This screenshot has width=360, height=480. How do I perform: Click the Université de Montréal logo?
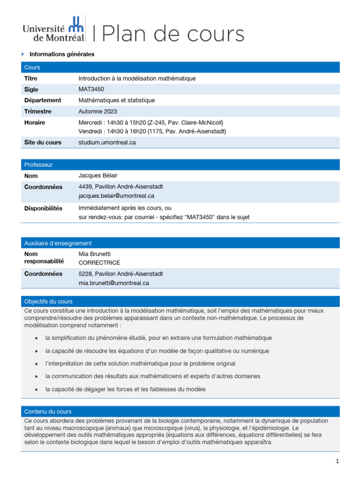click(x=54, y=30)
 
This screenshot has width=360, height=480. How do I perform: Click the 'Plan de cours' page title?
click(x=172, y=34)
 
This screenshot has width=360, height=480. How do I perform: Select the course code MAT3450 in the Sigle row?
click(x=91, y=90)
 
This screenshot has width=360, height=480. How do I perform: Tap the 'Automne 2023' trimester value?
click(x=97, y=112)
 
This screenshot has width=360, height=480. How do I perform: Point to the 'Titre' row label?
click(x=31, y=79)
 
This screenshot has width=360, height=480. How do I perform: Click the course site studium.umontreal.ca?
click(x=107, y=142)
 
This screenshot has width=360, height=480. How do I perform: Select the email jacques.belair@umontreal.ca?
click(x=116, y=196)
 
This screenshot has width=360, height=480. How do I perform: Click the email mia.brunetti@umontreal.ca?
click(x=113, y=283)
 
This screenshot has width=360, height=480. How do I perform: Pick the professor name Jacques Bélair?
click(x=98, y=176)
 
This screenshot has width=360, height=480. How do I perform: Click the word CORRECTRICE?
click(x=99, y=263)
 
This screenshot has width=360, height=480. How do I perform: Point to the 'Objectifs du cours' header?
click(x=48, y=301)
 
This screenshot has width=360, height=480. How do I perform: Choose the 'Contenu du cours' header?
click(x=48, y=412)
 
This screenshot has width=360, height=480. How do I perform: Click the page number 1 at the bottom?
click(x=337, y=462)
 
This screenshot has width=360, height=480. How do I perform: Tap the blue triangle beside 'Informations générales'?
click(x=23, y=54)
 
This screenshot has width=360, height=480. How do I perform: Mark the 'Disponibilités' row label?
click(x=43, y=208)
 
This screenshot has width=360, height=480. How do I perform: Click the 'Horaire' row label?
click(x=35, y=123)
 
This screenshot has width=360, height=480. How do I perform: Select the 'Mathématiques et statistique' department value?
click(x=116, y=100)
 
